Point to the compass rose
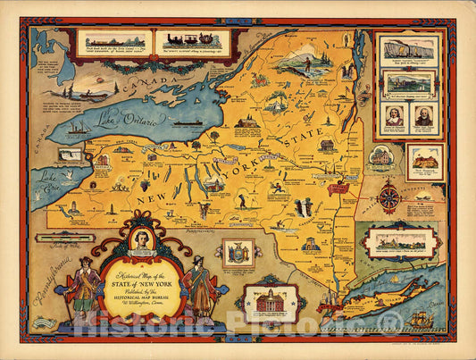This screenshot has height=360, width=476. click(x=388, y=197)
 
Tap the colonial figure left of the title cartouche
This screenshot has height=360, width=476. click(x=86, y=285)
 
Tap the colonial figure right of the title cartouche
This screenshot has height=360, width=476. click(x=200, y=284)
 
